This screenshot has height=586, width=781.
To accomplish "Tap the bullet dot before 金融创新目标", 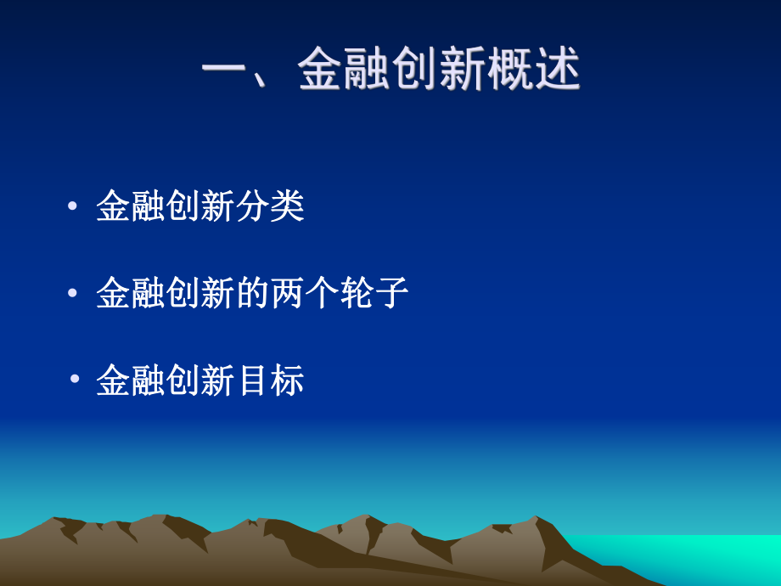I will (75, 380).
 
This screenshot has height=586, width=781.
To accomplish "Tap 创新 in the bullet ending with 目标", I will (200, 380).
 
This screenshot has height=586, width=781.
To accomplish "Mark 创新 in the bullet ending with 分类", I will (200, 206).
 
